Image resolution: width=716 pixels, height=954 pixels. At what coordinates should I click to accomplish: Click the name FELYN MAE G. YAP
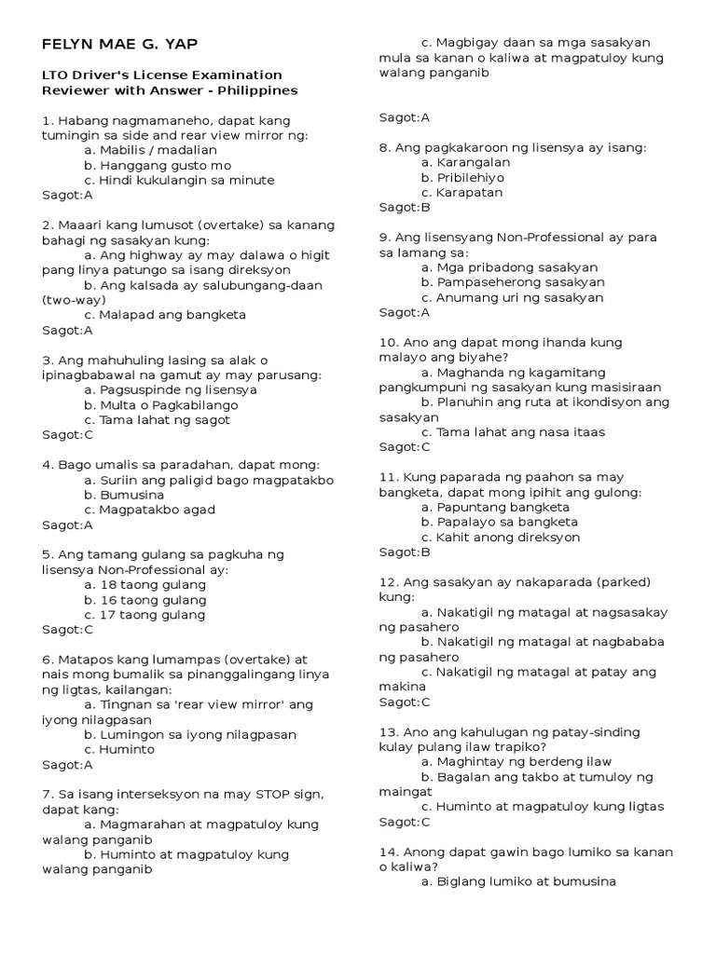tap(120, 45)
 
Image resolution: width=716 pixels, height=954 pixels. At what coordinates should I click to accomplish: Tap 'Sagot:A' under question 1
tap(67, 195)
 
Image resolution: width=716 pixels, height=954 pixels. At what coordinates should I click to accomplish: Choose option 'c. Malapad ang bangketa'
tap(164, 314)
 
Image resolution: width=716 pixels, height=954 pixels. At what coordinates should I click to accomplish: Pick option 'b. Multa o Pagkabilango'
tap(160, 404)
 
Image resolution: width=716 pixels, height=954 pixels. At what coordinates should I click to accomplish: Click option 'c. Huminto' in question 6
tap(119, 749)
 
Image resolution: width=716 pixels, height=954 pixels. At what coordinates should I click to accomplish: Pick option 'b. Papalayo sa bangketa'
tap(500, 522)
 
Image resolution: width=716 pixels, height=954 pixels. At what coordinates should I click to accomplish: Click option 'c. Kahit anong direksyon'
tap(501, 537)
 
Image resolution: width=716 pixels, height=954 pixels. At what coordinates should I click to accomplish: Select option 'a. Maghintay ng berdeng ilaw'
tap(517, 761)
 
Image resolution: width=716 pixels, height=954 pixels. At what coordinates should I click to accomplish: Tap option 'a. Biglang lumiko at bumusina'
tap(518, 881)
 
